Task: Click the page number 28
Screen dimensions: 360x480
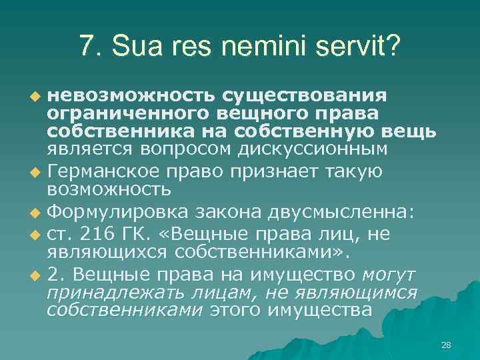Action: tap(446, 345)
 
